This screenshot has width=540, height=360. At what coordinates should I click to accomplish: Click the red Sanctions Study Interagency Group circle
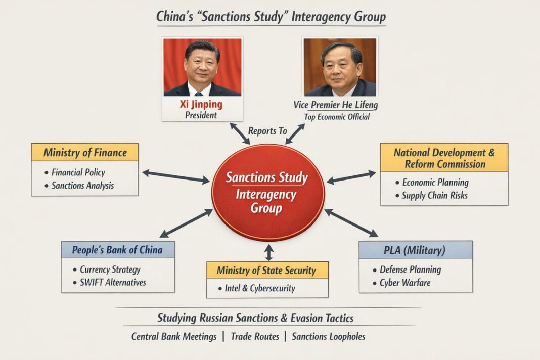(x=267, y=193)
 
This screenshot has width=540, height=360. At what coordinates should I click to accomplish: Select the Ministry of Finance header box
(x=84, y=152)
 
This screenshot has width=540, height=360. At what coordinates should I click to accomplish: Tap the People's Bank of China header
(x=118, y=250)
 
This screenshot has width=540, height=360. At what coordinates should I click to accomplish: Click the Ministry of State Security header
(x=267, y=270)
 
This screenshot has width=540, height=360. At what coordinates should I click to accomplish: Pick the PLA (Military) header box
(x=416, y=250)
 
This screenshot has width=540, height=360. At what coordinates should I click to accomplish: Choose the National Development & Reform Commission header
(x=444, y=158)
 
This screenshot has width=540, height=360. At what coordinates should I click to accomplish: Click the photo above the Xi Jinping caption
(x=202, y=67)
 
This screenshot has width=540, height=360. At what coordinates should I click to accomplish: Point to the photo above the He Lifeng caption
(x=340, y=67)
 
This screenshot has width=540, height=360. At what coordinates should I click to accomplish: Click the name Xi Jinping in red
(x=201, y=105)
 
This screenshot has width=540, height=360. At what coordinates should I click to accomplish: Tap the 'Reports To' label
(x=267, y=131)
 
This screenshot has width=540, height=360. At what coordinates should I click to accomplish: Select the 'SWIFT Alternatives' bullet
(x=113, y=282)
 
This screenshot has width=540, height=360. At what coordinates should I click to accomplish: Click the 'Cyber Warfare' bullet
(x=404, y=282)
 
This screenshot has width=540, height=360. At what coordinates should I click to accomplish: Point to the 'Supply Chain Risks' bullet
(x=434, y=195)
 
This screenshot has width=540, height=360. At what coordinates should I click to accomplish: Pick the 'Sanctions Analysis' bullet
(x=82, y=186)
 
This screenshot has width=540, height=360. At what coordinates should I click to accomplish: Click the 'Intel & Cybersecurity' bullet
(x=259, y=289)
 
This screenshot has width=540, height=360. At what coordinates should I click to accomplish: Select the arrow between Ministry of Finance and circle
(x=175, y=176)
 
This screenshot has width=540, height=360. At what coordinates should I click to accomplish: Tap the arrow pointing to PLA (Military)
(x=351, y=223)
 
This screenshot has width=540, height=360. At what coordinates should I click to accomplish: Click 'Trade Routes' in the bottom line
(x=254, y=336)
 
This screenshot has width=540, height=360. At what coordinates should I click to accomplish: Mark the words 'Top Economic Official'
(x=337, y=117)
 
